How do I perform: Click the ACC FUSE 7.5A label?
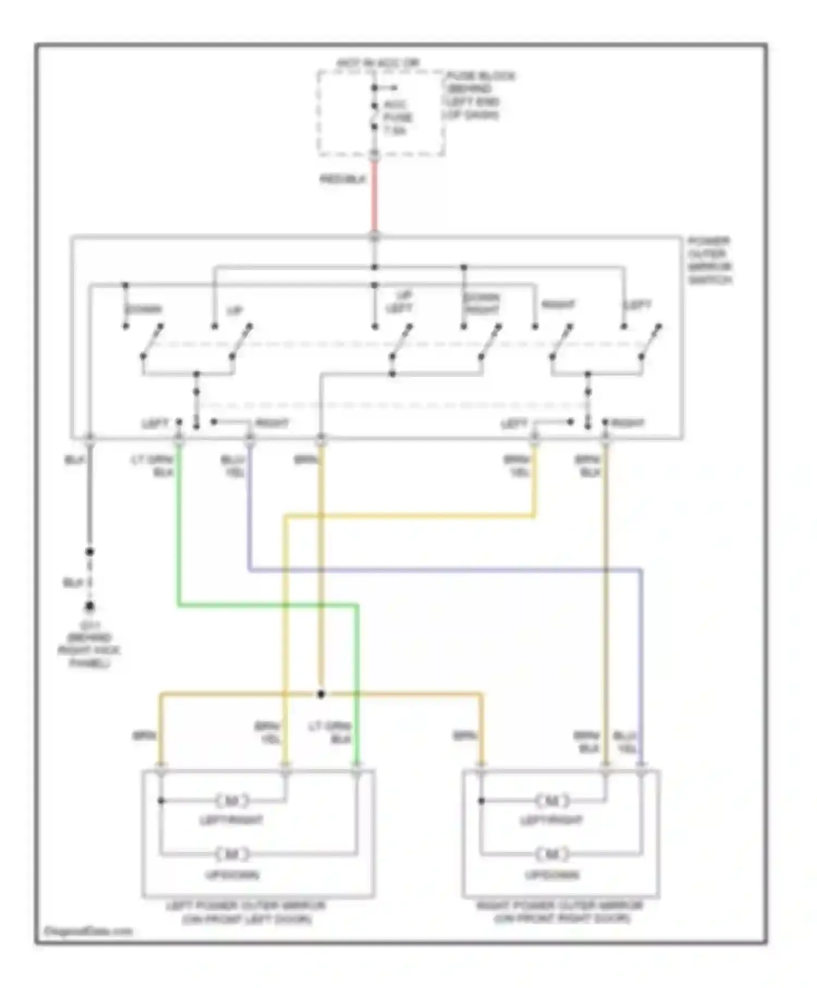point(397,118)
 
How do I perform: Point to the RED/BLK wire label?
point(343,179)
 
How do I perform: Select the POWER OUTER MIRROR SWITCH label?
point(709,260)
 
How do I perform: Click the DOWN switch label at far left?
point(143,309)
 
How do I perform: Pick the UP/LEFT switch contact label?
point(400,302)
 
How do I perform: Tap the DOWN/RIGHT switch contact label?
point(481,304)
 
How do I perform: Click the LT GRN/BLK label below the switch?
point(154,466)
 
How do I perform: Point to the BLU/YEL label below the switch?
point(233,466)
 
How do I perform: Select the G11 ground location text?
point(89,644)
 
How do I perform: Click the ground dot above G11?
point(90,606)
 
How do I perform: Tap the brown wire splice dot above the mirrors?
point(321,694)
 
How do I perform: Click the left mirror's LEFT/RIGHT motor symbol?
point(232,801)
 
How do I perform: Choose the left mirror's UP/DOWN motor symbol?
point(232,854)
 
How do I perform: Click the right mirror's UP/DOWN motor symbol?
point(552,854)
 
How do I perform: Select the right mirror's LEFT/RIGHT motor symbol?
point(552,801)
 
